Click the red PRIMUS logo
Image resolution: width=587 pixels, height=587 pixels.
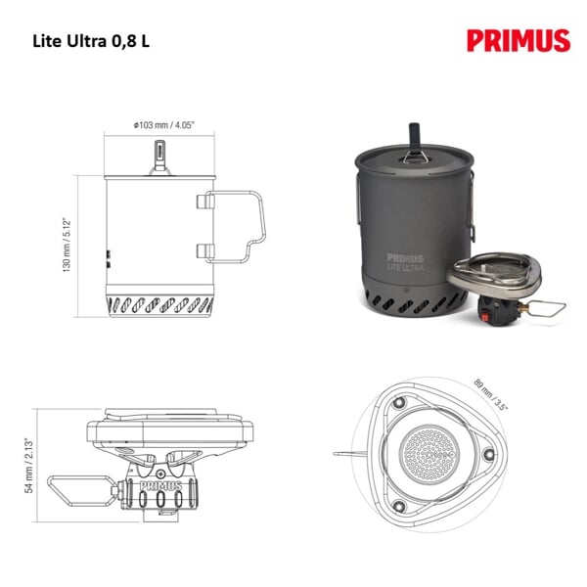click(x=519, y=41)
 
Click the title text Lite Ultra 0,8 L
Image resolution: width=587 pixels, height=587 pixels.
click(x=91, y=41)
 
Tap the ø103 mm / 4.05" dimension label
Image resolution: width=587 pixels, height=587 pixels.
click(x=164, y=125)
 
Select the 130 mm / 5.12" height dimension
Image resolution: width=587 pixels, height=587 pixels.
click(x=67, y=245)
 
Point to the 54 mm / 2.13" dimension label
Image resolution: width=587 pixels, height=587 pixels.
click(x=29, y=466)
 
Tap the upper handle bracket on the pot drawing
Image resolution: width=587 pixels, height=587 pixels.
click(x=205, y=202)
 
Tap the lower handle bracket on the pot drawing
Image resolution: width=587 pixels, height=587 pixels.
click(x=205, y=250)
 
